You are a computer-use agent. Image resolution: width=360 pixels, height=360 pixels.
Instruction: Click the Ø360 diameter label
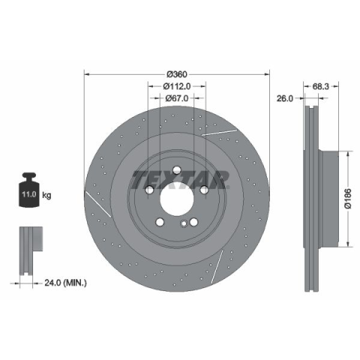[177, 74]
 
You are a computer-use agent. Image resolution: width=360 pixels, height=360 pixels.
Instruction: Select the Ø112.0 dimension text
[177, 86]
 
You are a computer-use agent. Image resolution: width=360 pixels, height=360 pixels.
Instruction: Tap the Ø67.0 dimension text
[177, 98]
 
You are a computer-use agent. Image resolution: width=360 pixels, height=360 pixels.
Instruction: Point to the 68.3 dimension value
[321, 86]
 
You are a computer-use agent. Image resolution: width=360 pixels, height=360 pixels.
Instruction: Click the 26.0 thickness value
[284, 98]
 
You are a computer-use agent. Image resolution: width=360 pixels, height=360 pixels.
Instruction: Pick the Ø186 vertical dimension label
[348, 199]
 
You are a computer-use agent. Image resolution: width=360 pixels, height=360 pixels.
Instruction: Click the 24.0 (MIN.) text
[65, 283]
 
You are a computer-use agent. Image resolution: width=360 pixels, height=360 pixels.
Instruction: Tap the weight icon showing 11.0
[29, 190]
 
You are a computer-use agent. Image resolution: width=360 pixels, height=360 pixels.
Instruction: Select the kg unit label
[46, 195]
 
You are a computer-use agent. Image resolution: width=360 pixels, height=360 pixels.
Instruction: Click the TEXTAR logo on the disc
[181, 180]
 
